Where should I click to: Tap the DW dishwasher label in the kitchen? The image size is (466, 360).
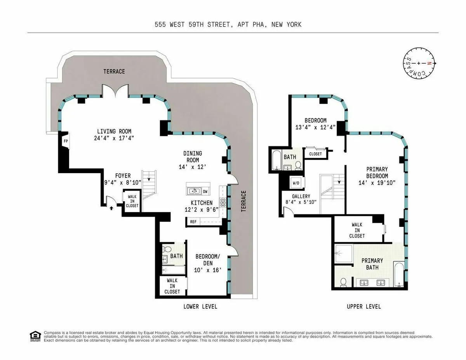point(205,191)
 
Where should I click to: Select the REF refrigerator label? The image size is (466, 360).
point(193,222)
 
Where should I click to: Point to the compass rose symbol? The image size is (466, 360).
point(418,63)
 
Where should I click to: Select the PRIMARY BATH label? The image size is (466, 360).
point(372,263)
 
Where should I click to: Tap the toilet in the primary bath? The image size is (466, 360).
point(343,282)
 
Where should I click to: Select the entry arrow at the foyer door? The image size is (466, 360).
point(112,208)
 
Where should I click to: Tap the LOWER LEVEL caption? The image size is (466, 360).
point(200,307)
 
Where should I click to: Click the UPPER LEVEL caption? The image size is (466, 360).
point(363,307)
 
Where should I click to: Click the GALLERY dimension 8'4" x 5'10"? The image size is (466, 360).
point(301,202)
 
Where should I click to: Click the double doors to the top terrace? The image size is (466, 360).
point(115,91)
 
